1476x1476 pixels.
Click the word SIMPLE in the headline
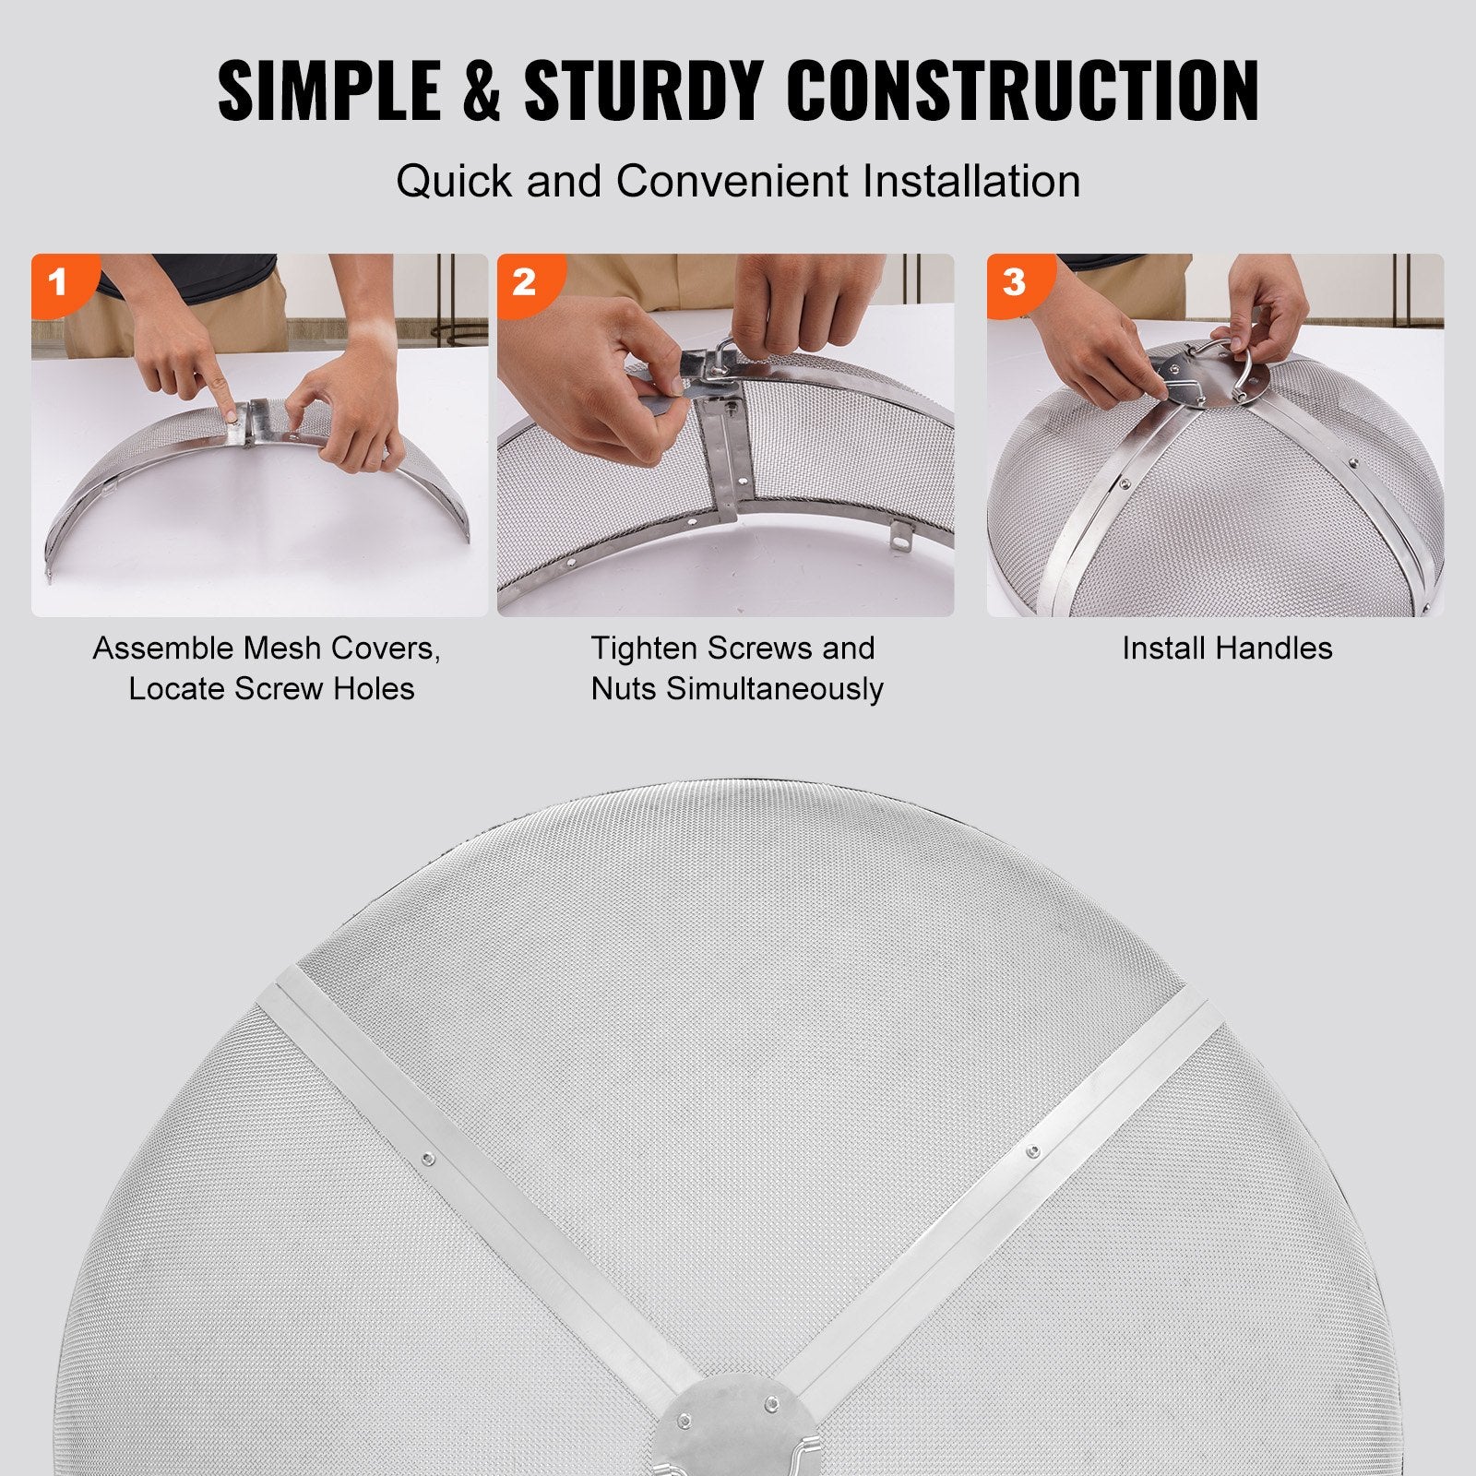coord(328,90)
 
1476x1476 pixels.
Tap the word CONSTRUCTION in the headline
coord(1026,90)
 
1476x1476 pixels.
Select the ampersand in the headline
coord(482,90)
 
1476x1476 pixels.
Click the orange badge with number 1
coord(57,280)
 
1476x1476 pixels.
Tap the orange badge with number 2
coord(523,280)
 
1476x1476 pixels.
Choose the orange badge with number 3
coord(1013,280)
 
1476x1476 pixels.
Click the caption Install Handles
coord(1227,649)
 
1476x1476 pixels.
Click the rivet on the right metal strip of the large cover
coord(1033,1150)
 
